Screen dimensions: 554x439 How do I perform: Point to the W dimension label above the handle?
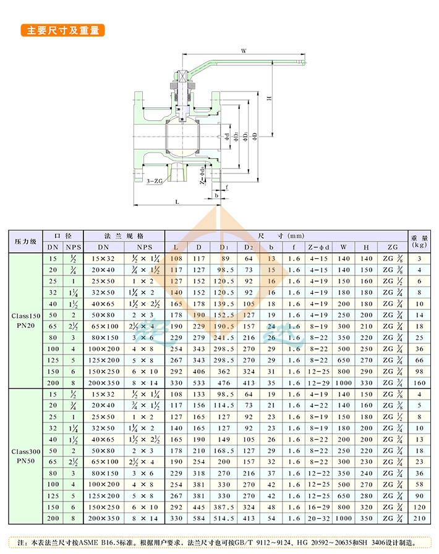(244, 51)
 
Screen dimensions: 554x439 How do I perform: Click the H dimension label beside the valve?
(270, 99)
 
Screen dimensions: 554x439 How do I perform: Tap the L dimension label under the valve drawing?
(177, 201)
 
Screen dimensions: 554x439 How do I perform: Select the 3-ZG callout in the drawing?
(154, 181)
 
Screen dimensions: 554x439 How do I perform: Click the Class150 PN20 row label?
(25, 321)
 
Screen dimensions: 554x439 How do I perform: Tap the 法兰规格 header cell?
(124, 236)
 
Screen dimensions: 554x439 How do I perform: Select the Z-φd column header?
(319, 247)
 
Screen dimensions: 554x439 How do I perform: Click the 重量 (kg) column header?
(419, 241)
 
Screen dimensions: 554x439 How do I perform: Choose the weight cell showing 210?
(419, 517)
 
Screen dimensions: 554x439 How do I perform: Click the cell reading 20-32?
(319, 517)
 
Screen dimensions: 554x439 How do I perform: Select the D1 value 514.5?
(223, 517)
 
